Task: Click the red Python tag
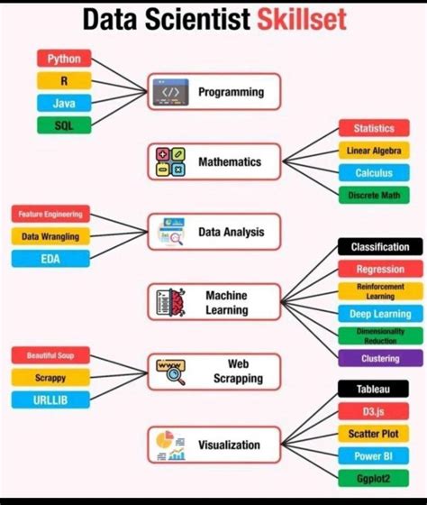coord(64,59)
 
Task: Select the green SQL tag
coord(64,125)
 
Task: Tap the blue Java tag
coord(64,104)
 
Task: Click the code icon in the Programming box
coord(170,92)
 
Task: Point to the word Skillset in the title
coord(301,20)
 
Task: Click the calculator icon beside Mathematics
coord(167,162)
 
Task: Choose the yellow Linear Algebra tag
coord(374,151)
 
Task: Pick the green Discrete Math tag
coord(374,195)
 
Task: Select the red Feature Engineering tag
coord(50,215)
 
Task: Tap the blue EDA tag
coord(50,259)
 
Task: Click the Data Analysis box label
coord(232,232)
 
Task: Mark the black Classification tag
coord(380,247)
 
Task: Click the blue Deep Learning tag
coord(380,314)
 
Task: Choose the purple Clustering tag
coord(380,358)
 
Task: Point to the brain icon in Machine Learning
coord(168,302)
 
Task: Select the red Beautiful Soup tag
coord(50,355)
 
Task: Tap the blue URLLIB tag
coord(50,399)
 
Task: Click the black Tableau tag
coord(374,389)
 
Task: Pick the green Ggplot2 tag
coord(374,478)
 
